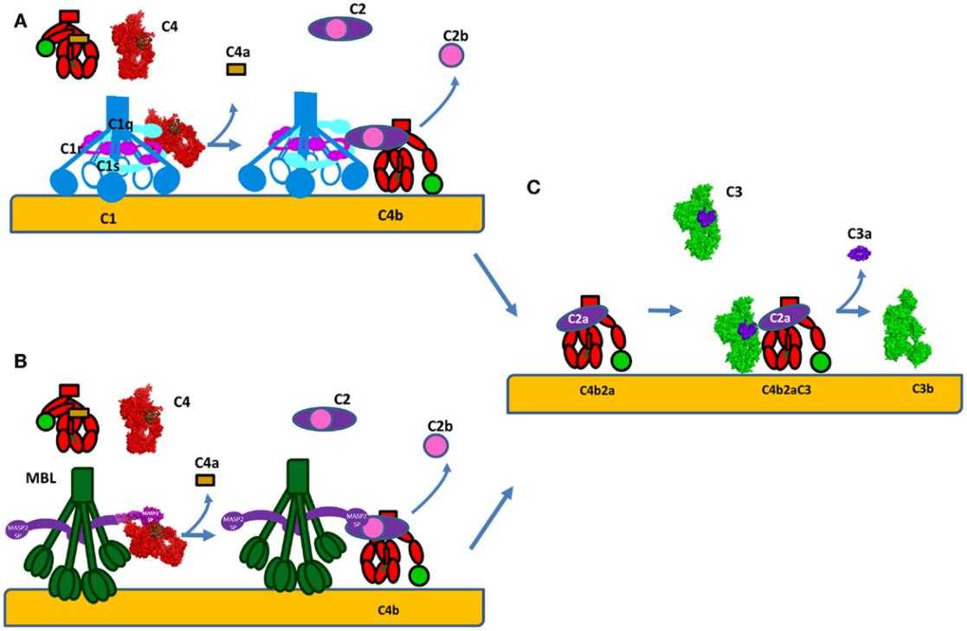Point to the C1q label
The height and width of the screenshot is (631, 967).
point(121,125)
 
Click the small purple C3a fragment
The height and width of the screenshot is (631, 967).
point(859,254)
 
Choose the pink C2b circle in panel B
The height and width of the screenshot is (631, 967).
point(436,447)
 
